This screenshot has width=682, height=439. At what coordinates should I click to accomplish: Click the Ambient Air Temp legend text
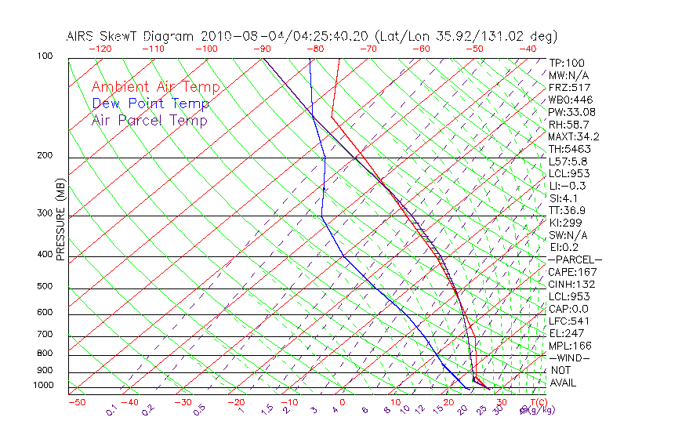tap(155, 87)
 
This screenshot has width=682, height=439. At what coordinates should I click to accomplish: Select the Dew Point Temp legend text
tap(151, 103)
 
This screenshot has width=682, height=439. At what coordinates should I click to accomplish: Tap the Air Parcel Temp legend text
tap(149, 120)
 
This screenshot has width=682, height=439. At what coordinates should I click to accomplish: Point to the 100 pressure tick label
tap(45, 56)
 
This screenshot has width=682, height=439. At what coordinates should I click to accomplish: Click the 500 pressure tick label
tap(45, 287)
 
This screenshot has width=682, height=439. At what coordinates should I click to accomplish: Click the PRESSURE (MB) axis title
tap(60, 220)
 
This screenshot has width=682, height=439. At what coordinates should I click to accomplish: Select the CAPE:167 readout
tap(572, 272)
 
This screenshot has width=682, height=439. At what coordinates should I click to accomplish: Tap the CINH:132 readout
tap(572, 284)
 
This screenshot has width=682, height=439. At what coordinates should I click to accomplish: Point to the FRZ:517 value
tap(570, 87)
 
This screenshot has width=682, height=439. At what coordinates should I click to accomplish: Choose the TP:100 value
tap(567, 63)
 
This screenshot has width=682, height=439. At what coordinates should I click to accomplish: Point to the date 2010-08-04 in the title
tap(238, 36)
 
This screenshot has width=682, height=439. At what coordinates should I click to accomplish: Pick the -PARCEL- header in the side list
tap(575, 259)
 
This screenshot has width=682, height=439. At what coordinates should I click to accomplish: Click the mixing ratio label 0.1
tap(111, 409)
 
